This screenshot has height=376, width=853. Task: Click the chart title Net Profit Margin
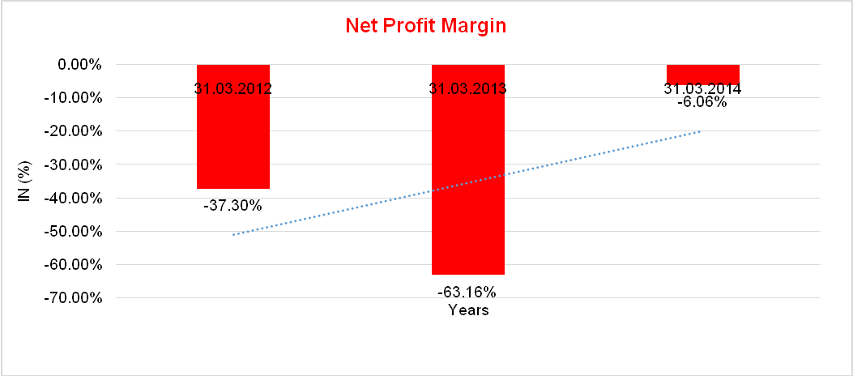[425, 25]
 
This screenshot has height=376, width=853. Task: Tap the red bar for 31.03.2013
[467, 178]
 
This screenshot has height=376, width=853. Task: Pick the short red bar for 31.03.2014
[703, 73]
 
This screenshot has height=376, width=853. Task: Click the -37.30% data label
[232, 206]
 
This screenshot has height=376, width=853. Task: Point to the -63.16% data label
[467, 292]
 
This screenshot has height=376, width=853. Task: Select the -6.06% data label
[702, 103]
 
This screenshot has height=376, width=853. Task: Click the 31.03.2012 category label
[232, 88]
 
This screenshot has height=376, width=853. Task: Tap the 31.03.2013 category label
[467, 88]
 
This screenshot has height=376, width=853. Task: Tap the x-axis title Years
[468, 310]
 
